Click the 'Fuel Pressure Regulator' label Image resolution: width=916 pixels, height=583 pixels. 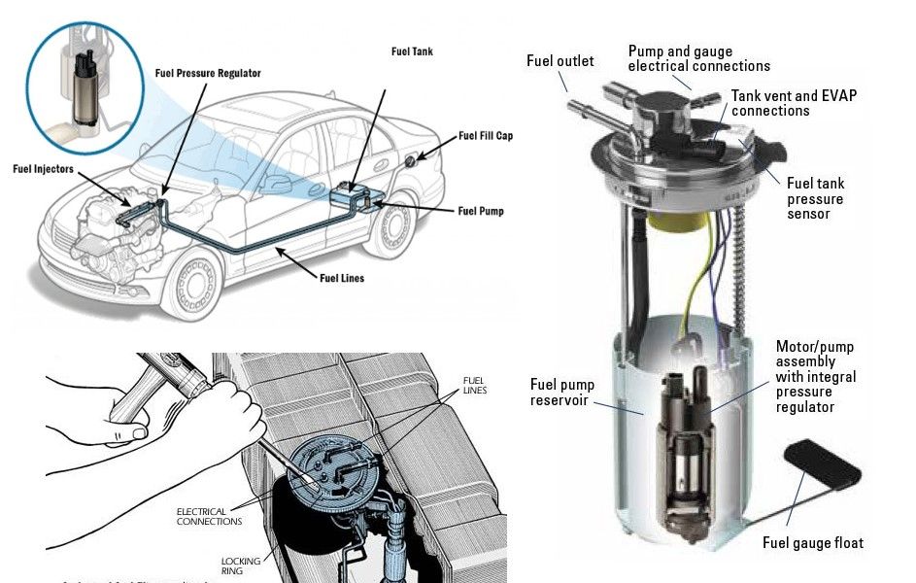(208, 73)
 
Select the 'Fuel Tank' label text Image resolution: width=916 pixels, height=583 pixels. (411, 51)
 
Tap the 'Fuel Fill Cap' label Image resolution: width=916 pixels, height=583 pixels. (485, 136)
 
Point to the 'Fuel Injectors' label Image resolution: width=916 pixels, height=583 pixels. (43, 168)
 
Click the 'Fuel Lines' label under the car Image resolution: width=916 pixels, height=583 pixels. (342, 278)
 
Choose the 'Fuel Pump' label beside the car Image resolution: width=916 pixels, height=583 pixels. (480, 210)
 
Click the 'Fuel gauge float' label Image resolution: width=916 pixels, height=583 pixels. (812, 542)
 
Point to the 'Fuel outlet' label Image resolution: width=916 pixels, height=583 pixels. (560, 61)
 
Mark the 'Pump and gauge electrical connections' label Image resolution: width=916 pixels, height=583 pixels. (698, 58)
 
